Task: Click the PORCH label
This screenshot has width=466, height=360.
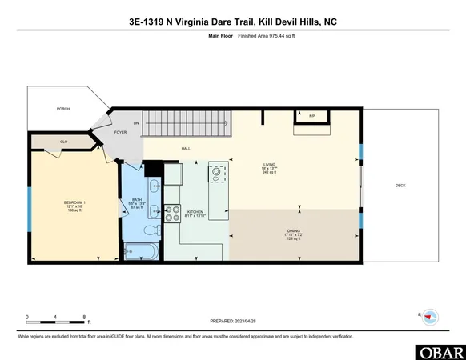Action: point(62,108)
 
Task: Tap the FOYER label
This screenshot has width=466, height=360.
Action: point(120,132)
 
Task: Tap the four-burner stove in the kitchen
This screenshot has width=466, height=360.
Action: point(171,213)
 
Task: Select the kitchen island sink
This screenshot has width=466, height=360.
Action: point(215,171)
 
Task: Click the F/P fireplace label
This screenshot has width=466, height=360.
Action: point(312,117)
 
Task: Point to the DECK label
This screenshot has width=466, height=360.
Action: point(400,186)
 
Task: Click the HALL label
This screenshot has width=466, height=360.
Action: point(185,149)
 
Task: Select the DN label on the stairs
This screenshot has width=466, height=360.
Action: point(136,122)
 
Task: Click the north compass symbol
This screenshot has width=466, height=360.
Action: point(430,316)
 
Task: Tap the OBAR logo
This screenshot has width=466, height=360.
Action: point(440,351)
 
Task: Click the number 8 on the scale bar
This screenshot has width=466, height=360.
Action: point(85,318)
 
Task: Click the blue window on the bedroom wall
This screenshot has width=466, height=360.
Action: point(30,204)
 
